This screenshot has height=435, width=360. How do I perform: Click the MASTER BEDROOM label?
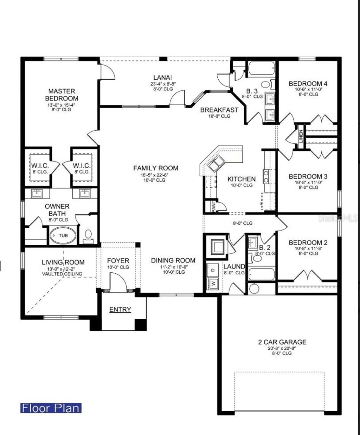tap(62, 95)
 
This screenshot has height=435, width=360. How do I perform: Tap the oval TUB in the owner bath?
tap(63, 236)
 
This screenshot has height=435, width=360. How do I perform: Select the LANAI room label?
tap(162, 78)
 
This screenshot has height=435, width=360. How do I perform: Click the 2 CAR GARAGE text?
tap(282, 342)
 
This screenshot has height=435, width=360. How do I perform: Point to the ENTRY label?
tap(120, 310)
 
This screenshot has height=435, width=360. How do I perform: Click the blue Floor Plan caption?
tap(51, 408)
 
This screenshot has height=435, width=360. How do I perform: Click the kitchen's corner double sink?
tap(216, 164)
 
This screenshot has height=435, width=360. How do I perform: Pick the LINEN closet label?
tap(301, 136)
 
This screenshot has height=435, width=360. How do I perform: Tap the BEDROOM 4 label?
tap(308, 84)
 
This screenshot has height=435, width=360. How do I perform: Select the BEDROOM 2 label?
tap(308, 242)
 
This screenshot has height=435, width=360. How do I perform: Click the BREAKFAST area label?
tap(219, 110)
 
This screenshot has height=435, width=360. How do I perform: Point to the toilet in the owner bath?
tap(88, 235)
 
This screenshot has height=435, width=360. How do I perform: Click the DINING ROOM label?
tap(173, 260)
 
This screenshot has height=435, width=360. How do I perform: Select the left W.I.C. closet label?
tap(39, 166)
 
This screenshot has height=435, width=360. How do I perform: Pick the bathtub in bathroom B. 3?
tap(261, 69)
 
